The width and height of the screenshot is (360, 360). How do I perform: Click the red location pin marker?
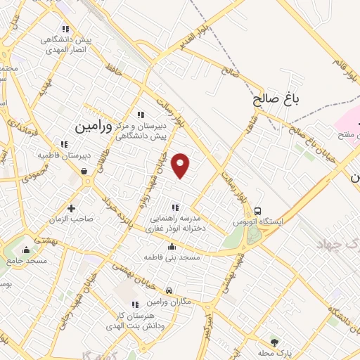coord(181,165)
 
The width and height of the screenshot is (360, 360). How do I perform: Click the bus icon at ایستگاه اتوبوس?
coord(259,210)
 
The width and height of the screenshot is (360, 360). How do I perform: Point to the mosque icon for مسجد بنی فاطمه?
coord(173,247)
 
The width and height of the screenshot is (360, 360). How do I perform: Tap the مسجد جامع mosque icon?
coord(27,249)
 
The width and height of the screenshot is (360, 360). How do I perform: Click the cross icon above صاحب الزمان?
coord(71,207)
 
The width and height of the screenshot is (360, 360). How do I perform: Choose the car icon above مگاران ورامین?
coord(169,290)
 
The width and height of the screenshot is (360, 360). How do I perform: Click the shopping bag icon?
coord(84,170)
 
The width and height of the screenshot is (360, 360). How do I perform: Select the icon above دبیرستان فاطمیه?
coord(65,143)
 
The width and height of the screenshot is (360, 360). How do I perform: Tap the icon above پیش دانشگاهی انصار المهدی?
coord(65,30)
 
